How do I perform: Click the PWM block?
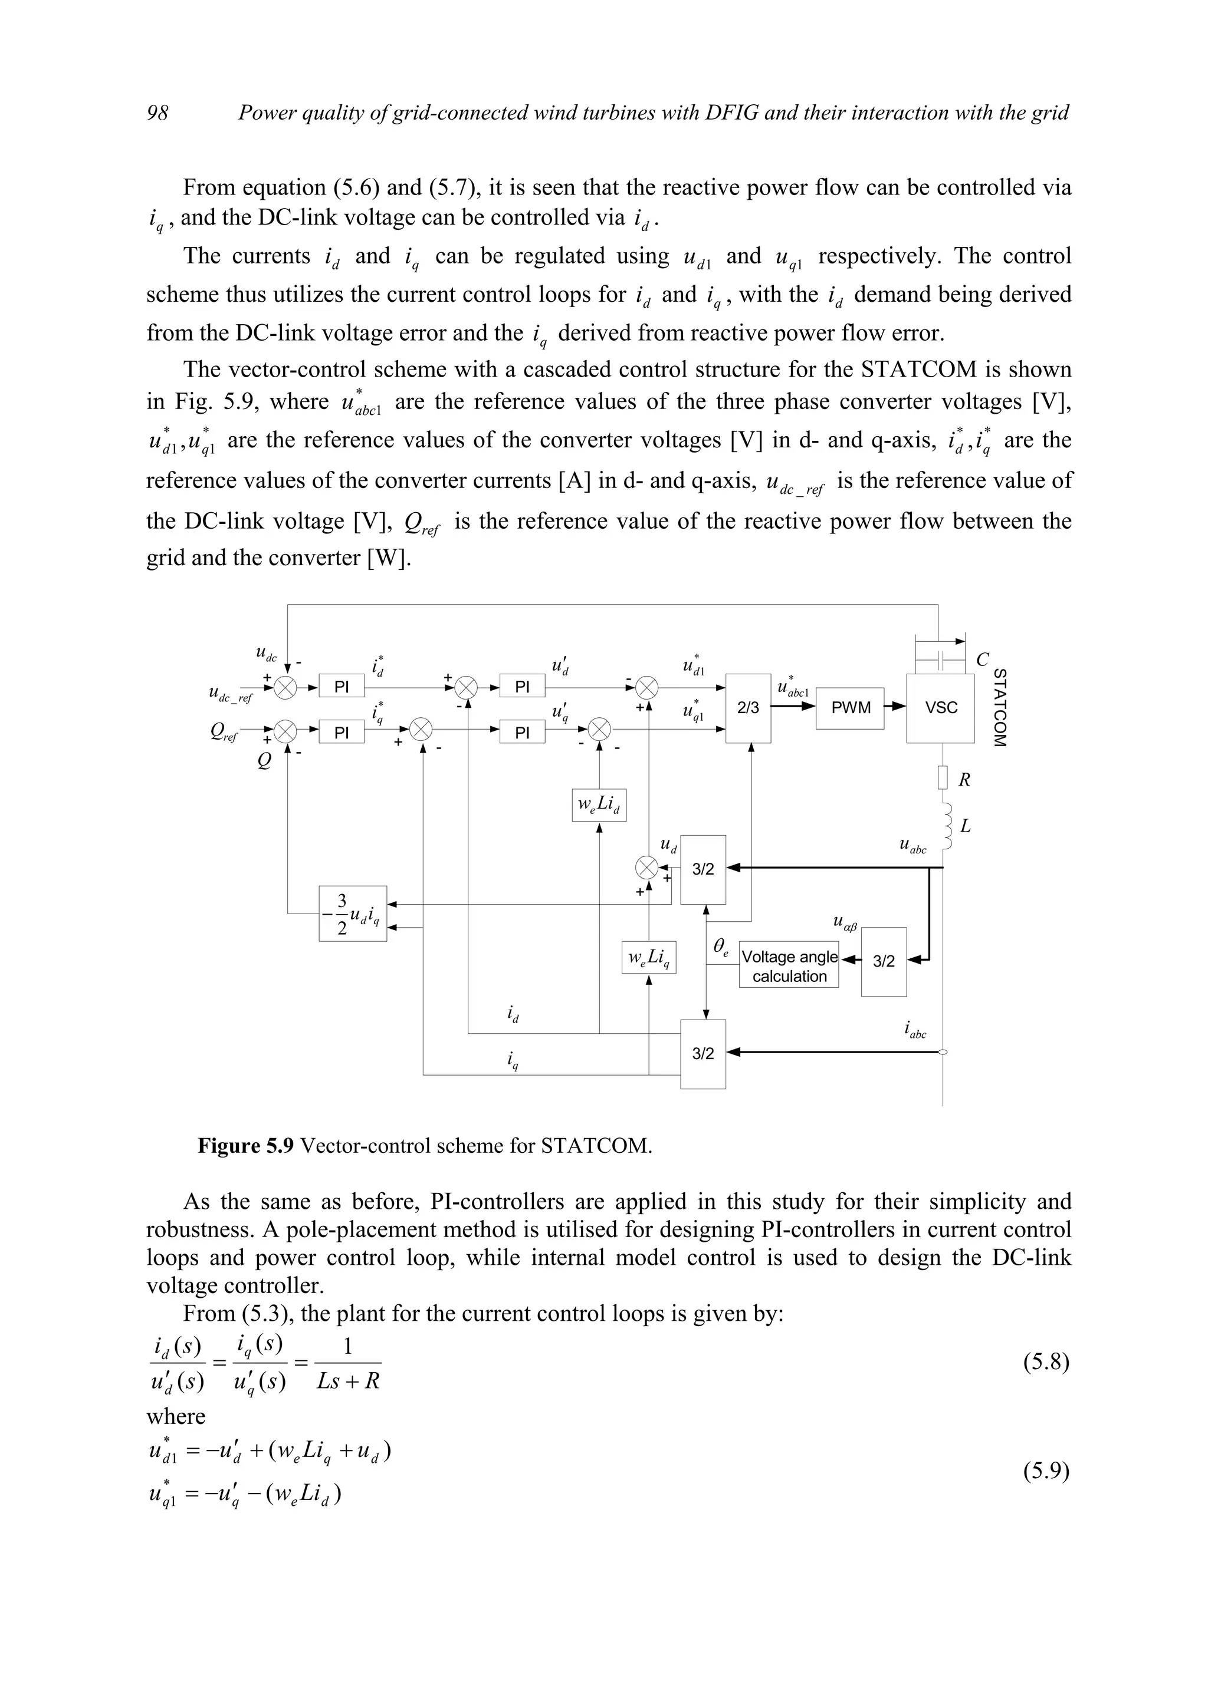pos(850,707)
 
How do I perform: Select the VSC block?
pos(940,707)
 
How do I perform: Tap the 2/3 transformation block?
pos(747,707)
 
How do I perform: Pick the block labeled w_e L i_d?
pos(599,805)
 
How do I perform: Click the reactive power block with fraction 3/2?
pos(353,914)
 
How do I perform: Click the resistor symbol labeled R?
pos(943,778)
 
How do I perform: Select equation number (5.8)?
pos(1046,1362)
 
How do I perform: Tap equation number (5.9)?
pos(1046,1470)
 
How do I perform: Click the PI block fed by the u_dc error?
pos(342,687)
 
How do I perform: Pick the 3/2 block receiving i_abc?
pos(703,1053)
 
